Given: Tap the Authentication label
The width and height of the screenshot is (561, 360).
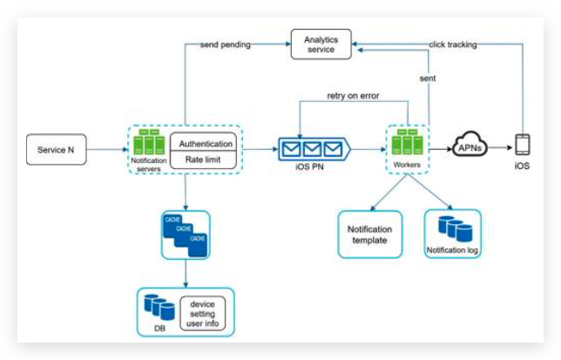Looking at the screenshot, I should pyautogui.click(x=206, y=143).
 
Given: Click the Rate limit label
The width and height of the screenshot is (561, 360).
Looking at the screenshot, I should pyautogui.click(x=206, y=160).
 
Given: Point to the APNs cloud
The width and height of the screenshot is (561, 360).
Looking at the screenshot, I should pyautogui.click(x=471, y=149).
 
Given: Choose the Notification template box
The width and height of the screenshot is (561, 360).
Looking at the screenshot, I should pyautogui.click(x=369, y=234).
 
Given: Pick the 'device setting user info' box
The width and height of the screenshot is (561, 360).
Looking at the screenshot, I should pyautogui.click(x=202, y=313).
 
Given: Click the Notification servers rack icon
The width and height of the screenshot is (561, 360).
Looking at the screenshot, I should pyautogui.click(x=147, y=140).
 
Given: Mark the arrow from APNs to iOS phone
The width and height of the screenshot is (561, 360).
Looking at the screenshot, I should pyautogui.click(x=504, y=149).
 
